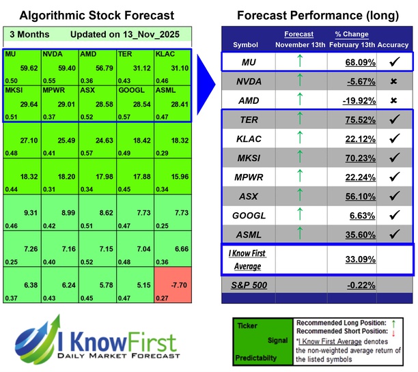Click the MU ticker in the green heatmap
tap(10, 53)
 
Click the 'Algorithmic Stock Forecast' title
tap(96, 15)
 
